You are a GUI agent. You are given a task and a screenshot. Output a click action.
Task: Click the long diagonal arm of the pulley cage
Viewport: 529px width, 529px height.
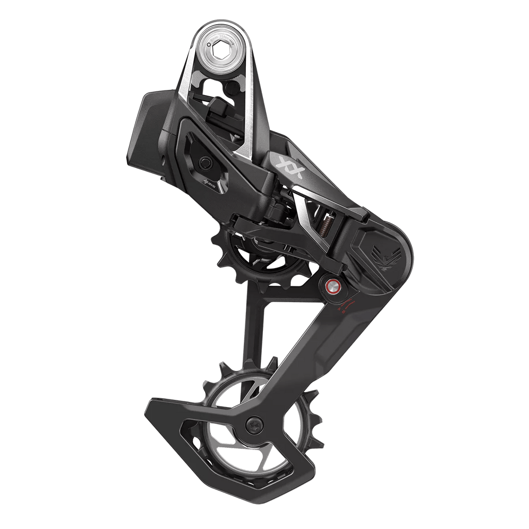point(310,351)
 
